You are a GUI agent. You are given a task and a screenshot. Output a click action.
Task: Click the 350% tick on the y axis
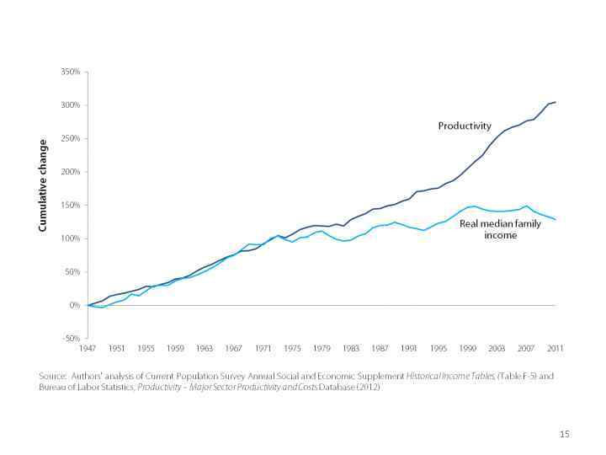click(x=71, y=72)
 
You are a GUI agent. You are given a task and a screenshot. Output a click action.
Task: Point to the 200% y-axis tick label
click(x=71, y=172)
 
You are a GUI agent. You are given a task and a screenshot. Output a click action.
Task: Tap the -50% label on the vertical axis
click(x=71, y=339)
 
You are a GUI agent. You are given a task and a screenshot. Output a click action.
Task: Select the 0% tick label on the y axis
click(x=74, y=306)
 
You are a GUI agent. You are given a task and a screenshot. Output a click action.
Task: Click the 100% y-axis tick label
click(x=71, y=239)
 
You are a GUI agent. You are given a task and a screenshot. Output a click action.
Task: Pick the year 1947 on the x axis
click(x=88, y=348)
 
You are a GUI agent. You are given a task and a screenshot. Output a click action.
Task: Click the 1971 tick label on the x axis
click(x=263, y=348)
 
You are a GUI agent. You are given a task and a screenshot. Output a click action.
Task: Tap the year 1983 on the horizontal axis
click(x=351, y=348)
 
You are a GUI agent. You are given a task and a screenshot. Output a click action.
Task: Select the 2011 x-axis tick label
click(x=556, y=348)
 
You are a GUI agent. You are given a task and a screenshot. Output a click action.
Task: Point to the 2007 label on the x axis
click(x=527, y=348)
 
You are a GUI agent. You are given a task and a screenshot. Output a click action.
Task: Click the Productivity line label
click(x=464, y=126)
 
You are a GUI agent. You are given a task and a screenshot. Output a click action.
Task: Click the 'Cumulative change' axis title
click(x=40, y=185)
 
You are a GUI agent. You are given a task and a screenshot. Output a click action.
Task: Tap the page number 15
click(x=565, y=433)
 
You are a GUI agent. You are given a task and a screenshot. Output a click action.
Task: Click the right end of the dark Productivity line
click(x=556, y=102)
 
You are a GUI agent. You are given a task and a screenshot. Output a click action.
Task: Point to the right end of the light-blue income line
click(x=556, y=219)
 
